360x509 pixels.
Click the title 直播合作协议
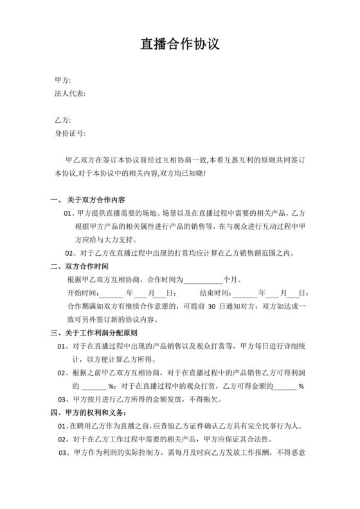(180, 45)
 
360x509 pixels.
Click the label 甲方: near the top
(63, 80)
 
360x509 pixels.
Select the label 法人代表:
(70, 93)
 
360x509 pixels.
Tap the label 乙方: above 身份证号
(63, 120)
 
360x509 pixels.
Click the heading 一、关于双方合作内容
(87, 200)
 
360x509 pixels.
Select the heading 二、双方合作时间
(80, 267)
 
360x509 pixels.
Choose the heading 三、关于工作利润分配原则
(94, 334)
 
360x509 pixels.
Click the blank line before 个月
(203, 280)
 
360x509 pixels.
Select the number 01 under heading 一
(69, 213)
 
